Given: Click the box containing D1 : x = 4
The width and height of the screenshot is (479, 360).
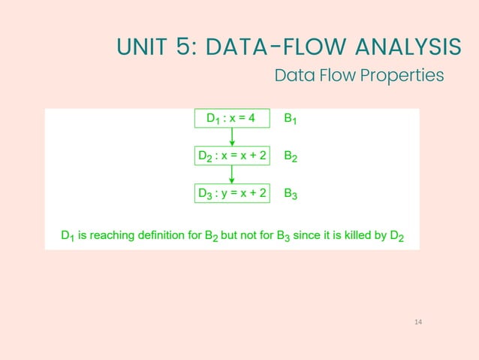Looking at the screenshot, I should (231, 119).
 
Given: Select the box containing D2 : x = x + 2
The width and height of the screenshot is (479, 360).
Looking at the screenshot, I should (231, 156).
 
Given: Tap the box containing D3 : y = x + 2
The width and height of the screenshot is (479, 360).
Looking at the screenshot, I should (231, 194).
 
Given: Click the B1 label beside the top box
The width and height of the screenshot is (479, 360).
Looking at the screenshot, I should (291, 119).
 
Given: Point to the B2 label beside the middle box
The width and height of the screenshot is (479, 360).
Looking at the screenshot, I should (291, 157).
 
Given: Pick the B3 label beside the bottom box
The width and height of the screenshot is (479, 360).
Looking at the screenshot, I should (291, 195).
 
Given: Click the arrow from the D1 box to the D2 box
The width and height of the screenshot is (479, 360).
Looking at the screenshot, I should (232, 138).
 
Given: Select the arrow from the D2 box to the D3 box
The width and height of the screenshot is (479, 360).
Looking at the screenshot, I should (232, 175).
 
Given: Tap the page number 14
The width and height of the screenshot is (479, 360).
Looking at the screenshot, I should (418, 322).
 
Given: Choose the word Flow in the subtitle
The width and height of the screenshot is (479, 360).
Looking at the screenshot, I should (335, 75).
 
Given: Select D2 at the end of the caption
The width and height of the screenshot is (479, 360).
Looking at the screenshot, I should (397, 236).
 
